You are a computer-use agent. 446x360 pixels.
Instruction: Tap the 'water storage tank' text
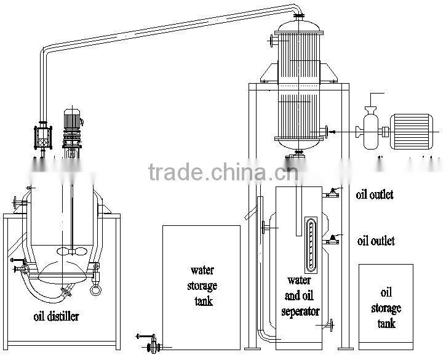click(202, 286)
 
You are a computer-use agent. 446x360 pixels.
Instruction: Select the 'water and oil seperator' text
click(300, 295)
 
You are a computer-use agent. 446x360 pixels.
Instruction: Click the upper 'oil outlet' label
click(375, 195)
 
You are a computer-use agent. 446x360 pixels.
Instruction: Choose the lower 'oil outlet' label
click(375, 241)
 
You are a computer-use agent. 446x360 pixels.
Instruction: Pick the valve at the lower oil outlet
click(333, 240)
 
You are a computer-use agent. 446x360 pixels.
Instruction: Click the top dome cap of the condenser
click(298, 25)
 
